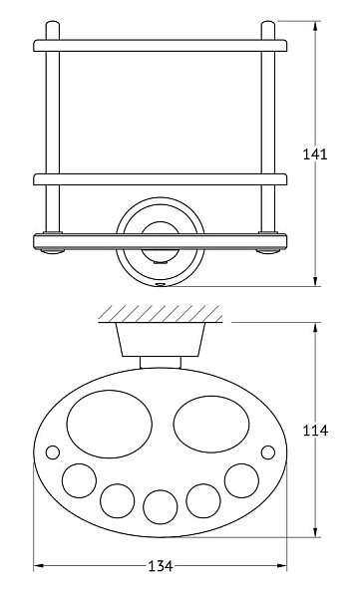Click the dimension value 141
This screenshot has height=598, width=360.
click(315, 154)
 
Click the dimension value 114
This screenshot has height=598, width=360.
click(315, 431)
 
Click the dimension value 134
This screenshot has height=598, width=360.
click(161, 566)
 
